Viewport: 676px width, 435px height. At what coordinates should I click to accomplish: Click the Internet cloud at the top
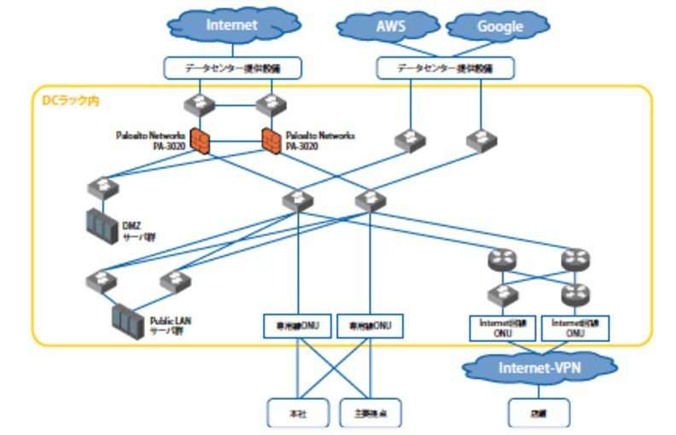230,26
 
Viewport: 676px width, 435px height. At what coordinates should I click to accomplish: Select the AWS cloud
390,26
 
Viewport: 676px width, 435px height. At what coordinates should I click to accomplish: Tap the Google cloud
499,26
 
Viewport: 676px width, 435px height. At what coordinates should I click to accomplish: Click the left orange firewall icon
200,141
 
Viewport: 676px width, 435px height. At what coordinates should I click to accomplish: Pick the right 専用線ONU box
370,326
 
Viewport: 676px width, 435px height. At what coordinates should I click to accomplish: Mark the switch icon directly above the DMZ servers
101,187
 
